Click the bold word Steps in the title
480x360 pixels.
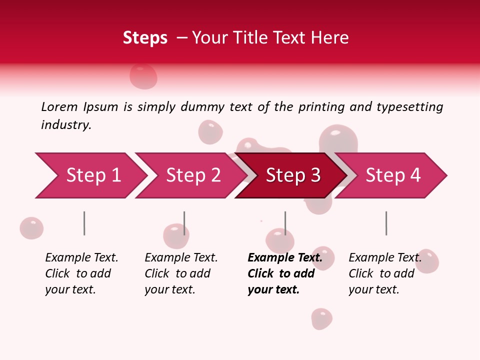(145, 37)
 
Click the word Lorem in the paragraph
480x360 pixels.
(59, 106)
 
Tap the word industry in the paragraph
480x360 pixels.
(65, 124)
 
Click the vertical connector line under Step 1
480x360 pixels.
(84, 223)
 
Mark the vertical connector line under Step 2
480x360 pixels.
(184, 223)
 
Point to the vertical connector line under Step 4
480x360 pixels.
(386, 223)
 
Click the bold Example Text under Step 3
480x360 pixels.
(285, 258)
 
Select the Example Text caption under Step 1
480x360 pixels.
(81, 258)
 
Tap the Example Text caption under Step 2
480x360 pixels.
(181, 258)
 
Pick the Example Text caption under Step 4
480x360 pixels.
(385, 258)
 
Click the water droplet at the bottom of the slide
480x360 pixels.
(321, 318)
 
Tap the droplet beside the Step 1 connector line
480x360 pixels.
(31, 228)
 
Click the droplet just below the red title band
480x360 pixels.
(143, 76)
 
